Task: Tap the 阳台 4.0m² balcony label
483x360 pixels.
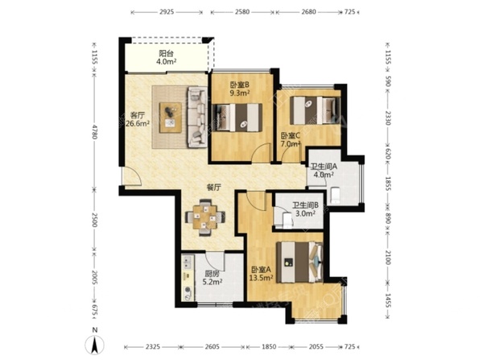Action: pyautogui.click(x=166, y=57)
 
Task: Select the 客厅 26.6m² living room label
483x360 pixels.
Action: pyautogui.click(x=138, y=119)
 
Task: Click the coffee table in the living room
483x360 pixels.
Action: pyautogui.click(x=171, y=118)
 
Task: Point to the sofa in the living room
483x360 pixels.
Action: pyautogui.click(x=197, y=117)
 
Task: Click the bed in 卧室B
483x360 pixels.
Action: pyautogui.click(x=237, y=118)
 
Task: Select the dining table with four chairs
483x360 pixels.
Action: pyautogui.click(x=204, y=217)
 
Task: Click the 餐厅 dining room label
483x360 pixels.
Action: pyautogui.click(x=213, y=187)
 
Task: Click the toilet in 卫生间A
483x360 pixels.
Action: pyautogui.click(x=335, y=195)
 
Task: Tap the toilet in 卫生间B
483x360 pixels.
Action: pyautogui.click(x=287, y=219)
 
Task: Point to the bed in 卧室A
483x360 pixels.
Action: pyautogui.click(x=299, y=262)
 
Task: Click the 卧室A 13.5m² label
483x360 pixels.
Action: pyautogui.click(x=261, y=274)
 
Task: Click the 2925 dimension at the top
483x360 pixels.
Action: pyautogui.click(x=167, y=12)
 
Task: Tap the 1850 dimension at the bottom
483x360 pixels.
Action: pyautogui.click(x=269, y=347)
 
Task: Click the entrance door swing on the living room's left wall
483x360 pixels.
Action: pyautogui.click(x=131, y=176)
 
